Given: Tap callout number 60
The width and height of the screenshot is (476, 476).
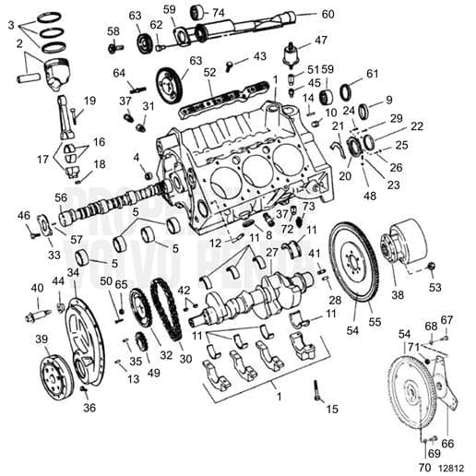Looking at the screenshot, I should [x=328, y=14].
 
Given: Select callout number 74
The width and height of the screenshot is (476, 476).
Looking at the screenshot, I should [x=218, y=13].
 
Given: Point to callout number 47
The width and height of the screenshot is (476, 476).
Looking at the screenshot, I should [x=320, y=41].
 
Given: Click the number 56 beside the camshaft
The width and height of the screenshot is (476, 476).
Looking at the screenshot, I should [x=61, y=197].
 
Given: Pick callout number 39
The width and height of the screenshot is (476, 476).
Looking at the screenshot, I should [x=42, y=339].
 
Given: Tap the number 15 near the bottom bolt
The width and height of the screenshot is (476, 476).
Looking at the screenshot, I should [x=332, y=408].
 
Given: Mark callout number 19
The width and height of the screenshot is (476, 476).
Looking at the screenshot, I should [x=89, y=101].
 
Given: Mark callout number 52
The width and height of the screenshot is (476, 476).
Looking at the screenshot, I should [x=209, y=72].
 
